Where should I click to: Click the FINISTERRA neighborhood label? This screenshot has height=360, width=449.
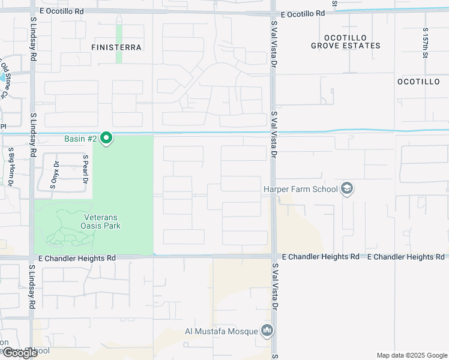pos(116,47)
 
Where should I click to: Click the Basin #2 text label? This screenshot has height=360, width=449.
pos(81,139)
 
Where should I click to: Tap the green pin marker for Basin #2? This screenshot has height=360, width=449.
pos(107,139)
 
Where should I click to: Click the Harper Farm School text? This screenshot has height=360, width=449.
pos(300,189)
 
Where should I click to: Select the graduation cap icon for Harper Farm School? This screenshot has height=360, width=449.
pos(346,189)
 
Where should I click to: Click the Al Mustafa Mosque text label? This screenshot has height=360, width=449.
pos(221,331)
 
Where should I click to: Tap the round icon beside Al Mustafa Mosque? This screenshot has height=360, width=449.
pos(267,331)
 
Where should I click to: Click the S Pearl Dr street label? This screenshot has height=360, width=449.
pos(86,169)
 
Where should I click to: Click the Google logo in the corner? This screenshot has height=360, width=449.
pos(19,353)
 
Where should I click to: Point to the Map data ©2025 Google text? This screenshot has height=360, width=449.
pos(411,355)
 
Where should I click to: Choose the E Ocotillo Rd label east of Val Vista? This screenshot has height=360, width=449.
pos(302,13)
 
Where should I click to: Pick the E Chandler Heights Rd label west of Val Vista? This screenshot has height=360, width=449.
pos(76,258)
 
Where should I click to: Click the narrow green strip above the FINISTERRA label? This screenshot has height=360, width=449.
pos(119,43)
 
